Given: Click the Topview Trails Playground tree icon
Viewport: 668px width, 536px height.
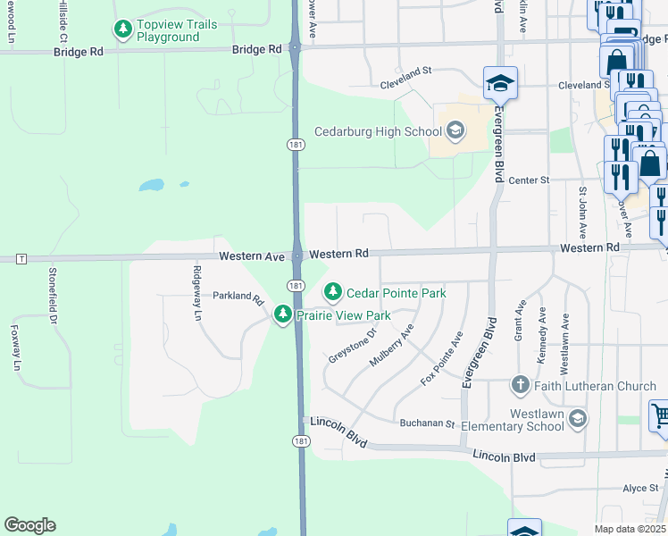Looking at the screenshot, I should pyautogui.click(x=122, y=30).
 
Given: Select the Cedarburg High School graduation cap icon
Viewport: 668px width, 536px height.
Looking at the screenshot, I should pyautogui.click(x=455, y=132).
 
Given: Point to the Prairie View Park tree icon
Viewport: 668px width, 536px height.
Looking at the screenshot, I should pyautogui.click(x=283, y=315).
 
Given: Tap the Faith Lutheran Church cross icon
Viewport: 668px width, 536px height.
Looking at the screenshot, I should pyautogui.click(x=521, y=386).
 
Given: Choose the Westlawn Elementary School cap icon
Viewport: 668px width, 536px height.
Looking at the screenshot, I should pyautogui.click(x=578, y=418).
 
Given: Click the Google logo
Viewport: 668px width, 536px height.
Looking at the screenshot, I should pyautogui.click(x=29, y=525).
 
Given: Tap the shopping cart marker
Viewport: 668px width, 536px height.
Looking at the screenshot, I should pyautogui.click(x=658, y=417).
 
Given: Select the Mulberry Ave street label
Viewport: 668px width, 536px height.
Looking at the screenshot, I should pyautogui.click(x=392, y=346).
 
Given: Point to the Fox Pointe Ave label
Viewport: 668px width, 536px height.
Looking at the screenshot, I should pyautogui.click(x=442, y=359).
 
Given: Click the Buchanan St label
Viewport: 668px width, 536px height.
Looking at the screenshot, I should pyautogui.click(x=427, y=423).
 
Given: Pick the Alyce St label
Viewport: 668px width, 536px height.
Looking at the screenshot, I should pyautogui.click(x=640, y=488).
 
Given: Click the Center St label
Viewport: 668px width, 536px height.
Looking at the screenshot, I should pyautogui.click(x=528, y=180).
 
